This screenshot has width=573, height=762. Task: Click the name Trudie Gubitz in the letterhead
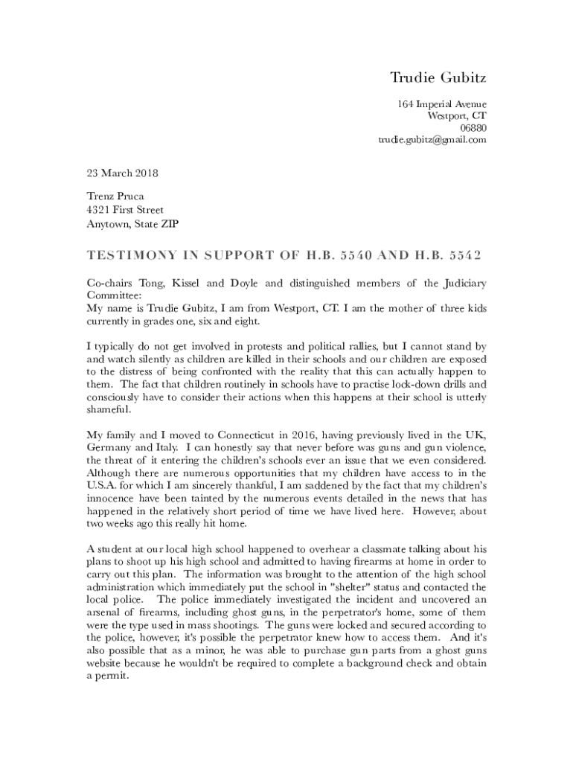(438, 77)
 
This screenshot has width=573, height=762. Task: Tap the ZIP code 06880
(473, 127)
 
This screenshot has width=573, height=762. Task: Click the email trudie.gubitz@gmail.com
(432, 139)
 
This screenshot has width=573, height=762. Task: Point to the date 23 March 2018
(122, 173)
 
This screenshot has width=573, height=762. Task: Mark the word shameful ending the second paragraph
(108, 410)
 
